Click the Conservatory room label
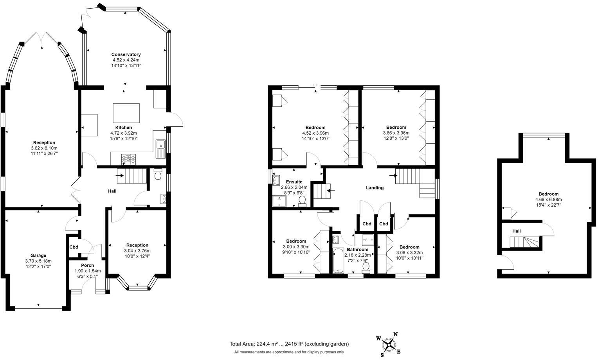126,54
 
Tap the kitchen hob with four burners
128,159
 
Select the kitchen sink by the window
160,149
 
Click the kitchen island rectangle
126,113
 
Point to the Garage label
38,256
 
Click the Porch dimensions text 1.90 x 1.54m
87,271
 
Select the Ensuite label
294,182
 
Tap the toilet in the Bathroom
366,267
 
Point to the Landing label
375,188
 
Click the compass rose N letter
396,335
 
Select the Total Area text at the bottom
289,344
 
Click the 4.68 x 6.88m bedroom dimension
548,199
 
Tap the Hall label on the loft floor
517,231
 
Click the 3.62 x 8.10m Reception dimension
44,148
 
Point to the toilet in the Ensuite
302,201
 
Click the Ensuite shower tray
279,201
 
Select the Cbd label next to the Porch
74,247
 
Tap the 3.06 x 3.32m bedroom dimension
410,252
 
